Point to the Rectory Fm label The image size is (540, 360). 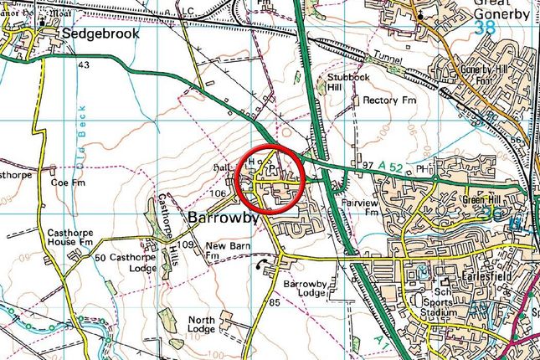tap(390, 100)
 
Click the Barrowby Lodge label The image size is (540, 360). tap(302, 290)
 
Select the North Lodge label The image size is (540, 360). tap(201, 325)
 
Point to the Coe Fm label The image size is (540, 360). tap(68, 182)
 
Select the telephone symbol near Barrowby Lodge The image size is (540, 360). tap(261, 266)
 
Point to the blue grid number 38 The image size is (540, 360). tap(483, 27)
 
